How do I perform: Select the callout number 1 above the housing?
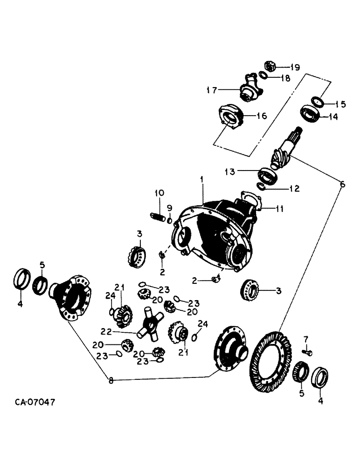202,179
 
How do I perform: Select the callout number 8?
111,380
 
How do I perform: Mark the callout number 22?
106,331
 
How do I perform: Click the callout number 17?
212,90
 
